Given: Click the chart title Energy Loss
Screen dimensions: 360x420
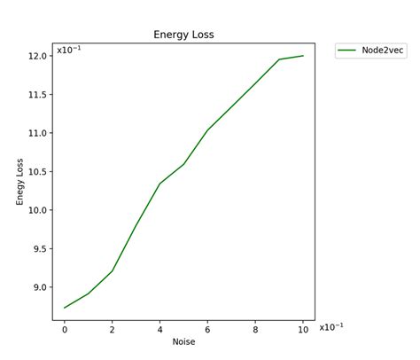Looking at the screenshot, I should (x=184, y=35).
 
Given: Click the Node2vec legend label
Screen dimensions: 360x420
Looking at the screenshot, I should (x=382, y=51).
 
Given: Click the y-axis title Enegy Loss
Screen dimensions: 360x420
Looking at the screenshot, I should (x=21, y=181).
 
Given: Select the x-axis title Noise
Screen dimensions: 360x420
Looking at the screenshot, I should (x=183, y=341).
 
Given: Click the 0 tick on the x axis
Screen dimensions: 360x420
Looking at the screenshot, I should (x=65, y=328).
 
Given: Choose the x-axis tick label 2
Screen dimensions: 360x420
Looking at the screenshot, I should (x=113, y=328).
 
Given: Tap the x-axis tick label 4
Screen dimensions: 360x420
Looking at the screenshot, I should (x=159, y=328).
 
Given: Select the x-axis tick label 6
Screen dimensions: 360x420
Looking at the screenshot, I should (x=207, y=328).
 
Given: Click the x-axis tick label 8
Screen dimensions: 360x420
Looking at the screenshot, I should (x=255, y=328).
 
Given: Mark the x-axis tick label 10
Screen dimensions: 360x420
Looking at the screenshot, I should (x=303, y=328).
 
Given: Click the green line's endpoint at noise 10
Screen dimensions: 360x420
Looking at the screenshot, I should (x=303, y=56).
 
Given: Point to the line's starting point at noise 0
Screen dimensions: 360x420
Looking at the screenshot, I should (x=65, y=308).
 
